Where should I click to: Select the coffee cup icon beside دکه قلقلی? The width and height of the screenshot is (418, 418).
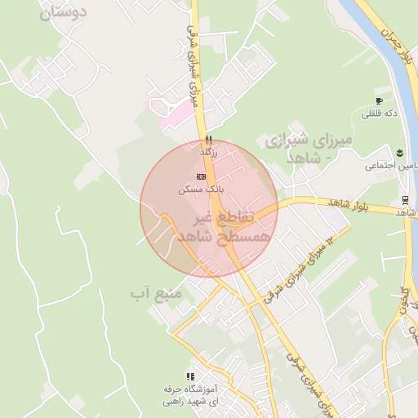tap(379, 100)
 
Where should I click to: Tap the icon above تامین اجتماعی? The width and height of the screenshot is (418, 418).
tap(400, 153)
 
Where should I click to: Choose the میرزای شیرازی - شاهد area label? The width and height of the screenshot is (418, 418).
tap(309, 147)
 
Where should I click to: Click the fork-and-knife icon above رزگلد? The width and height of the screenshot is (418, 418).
tap(209, 139)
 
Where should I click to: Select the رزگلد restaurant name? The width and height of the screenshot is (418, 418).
tap(209, 151)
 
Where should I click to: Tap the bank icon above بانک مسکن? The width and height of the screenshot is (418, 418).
tap(201, 176)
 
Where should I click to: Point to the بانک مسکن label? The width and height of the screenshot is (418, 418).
tap(200, 189)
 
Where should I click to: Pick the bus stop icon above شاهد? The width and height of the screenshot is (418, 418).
tap(405, 200)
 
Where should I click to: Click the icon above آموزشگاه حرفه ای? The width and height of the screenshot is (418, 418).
tap(189, 376)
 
